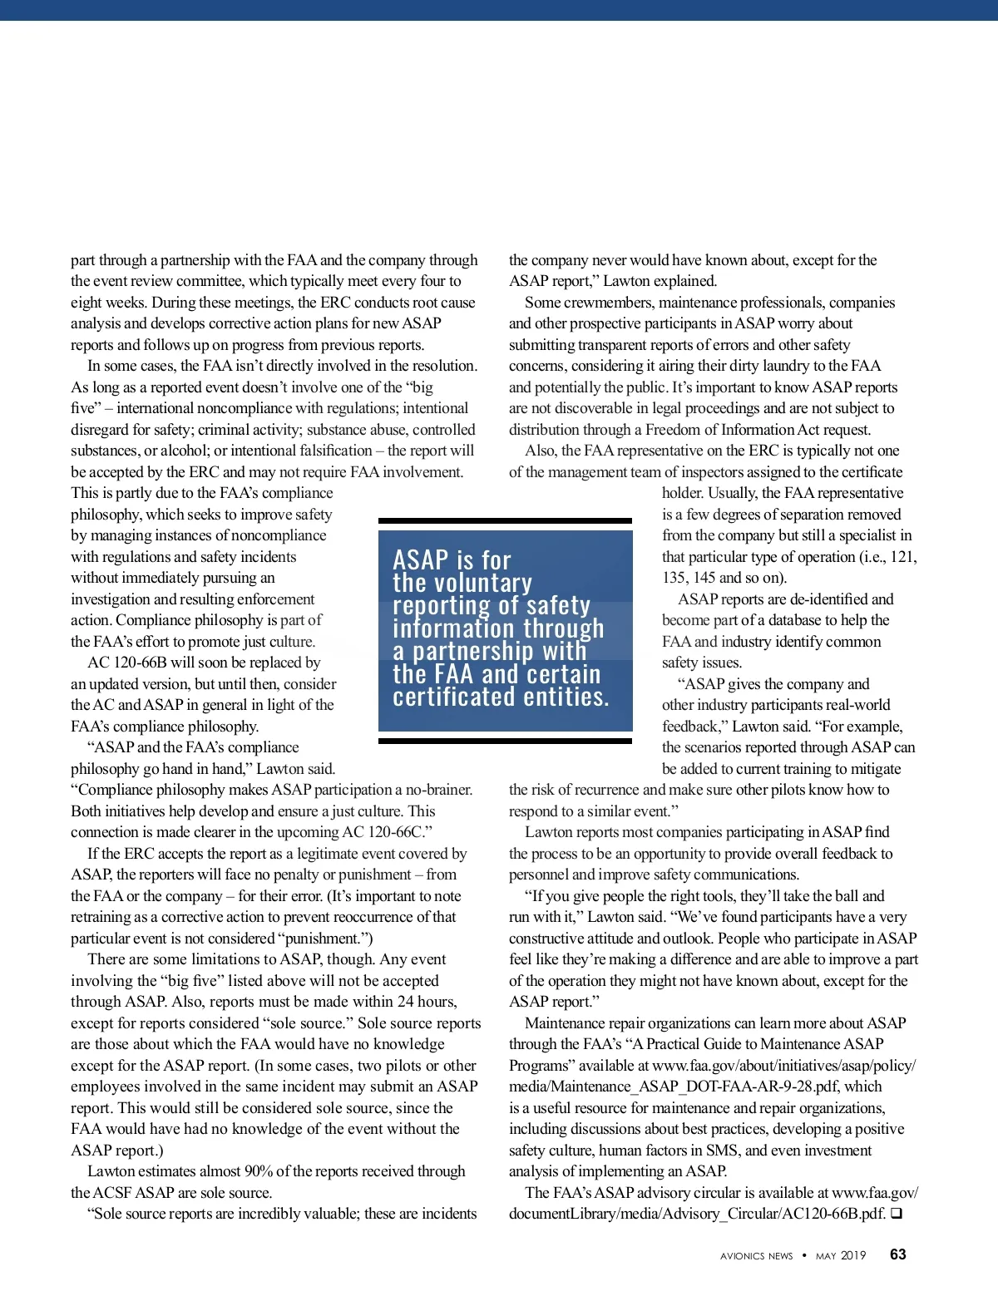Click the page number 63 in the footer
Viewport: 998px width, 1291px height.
coord(898,1254)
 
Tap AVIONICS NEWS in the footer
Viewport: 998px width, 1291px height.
coord(757,1256)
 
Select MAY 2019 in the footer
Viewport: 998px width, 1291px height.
coord(841,1256)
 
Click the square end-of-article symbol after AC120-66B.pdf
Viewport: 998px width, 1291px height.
coord(897,1214)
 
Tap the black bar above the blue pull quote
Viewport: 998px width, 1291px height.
coord(505,521)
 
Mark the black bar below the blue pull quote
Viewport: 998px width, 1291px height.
coord(505,740)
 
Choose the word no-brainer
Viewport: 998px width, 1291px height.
coord(438,790)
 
